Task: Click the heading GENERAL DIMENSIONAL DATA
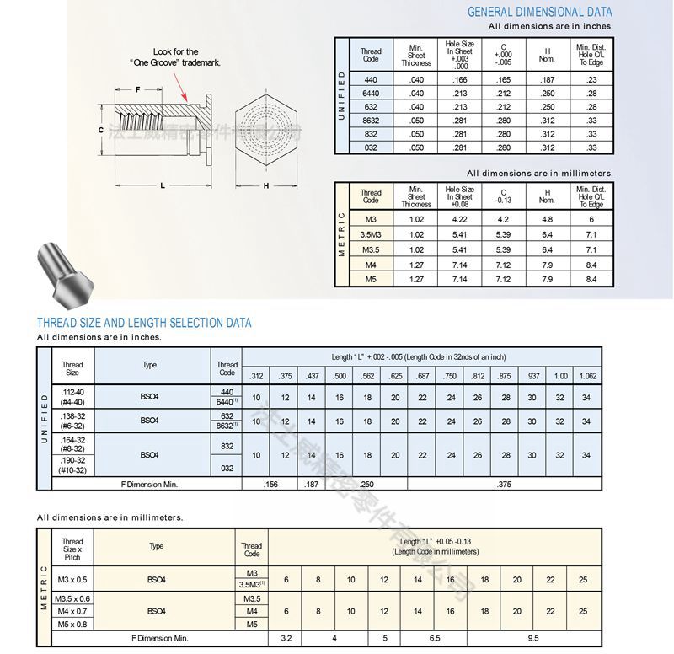[x=540, y=12]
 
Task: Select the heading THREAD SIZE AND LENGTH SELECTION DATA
[x=144, y=323]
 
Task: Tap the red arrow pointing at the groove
[x=179, y=83]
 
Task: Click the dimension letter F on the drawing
[x=138, y=88]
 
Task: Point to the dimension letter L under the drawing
[x=161, y=184]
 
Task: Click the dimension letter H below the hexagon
[x=265, y=185]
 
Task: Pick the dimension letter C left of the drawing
[x=100, y=130]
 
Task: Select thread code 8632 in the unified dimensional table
[x=371, y=121]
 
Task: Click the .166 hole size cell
[x=460, y=79]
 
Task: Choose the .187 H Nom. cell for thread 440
[x=547, y=79]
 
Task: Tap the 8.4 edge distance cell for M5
[x=591, y=278]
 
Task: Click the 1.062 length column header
[x=588, y=376]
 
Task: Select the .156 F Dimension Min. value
[x=270, y=484]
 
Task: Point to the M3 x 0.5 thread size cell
[x=72, y=580]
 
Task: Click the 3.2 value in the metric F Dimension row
[x=286, y=638]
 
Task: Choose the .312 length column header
[x=256, y=376]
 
